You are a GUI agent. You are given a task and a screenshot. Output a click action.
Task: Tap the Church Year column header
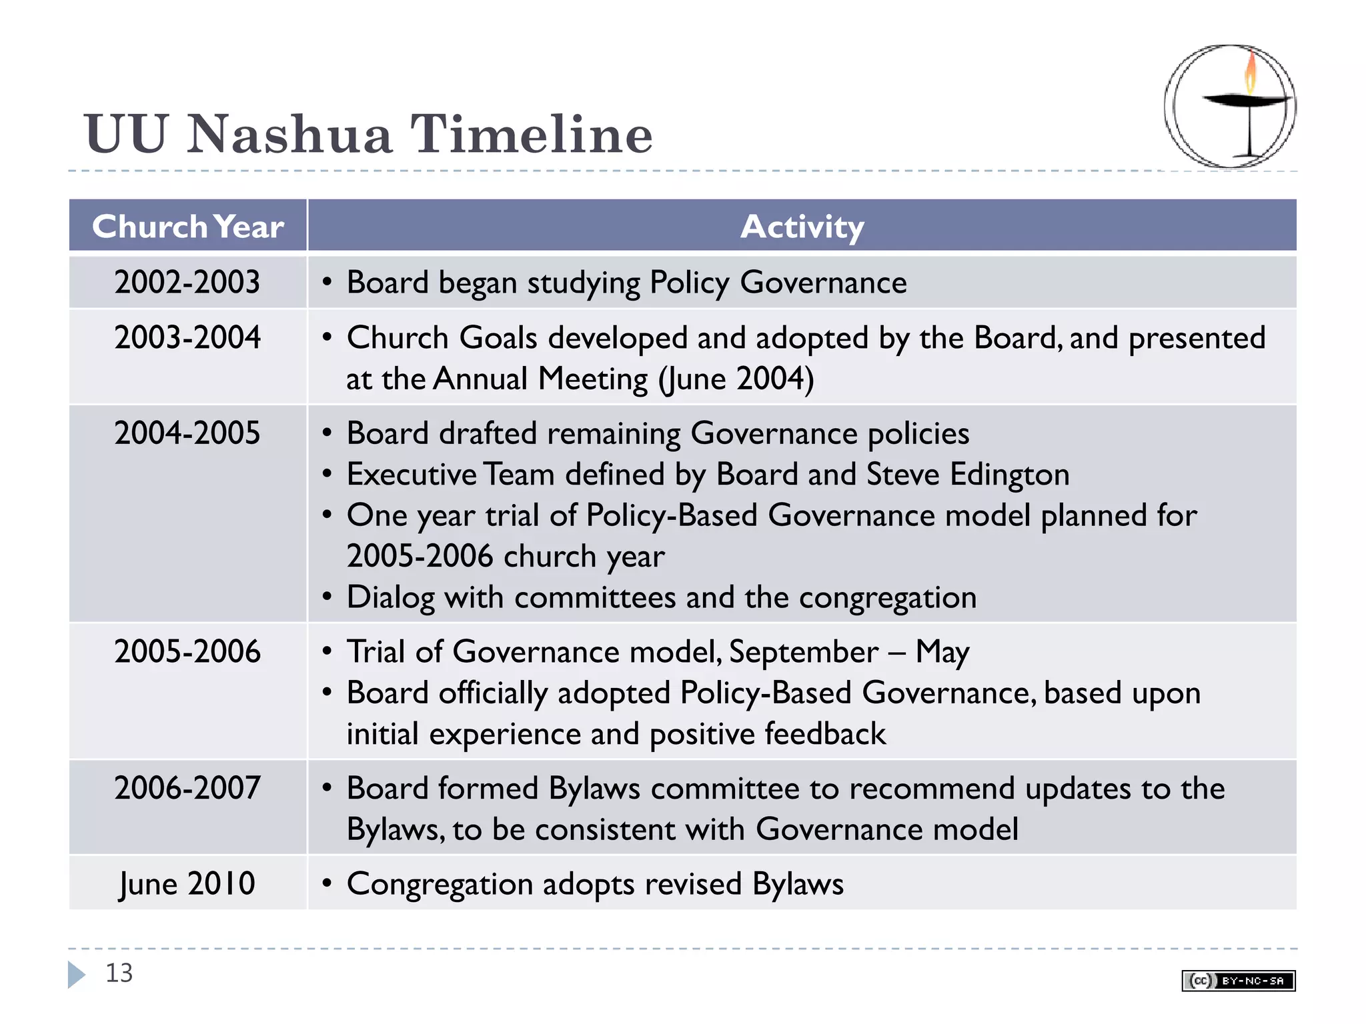187,227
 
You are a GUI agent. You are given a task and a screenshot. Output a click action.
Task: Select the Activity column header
802,227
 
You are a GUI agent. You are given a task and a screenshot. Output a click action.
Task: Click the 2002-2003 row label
187,282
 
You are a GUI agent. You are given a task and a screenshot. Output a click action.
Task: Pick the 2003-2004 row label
187,337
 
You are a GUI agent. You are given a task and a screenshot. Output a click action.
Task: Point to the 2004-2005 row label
187,433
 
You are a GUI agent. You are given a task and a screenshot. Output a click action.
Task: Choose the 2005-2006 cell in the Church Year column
187,651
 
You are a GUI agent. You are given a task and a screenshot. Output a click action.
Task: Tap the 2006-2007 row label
187,788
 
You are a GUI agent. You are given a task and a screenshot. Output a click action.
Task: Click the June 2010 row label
187,884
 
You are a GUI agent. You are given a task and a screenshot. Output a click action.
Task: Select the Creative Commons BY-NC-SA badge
1238,981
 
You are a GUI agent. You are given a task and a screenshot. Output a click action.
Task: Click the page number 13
119,973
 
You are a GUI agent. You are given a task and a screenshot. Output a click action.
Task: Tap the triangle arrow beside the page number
77,974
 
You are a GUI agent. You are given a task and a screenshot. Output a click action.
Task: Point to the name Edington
1009,475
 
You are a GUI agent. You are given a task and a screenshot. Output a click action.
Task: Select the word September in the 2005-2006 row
803,652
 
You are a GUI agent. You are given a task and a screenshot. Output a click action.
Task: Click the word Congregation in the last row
440,885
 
